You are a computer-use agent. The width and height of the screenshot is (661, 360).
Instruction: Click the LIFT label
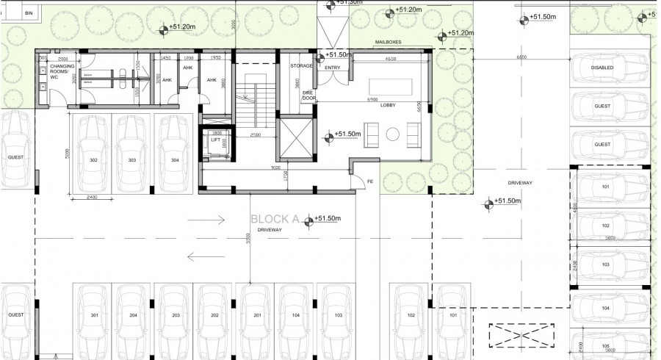(215, 139)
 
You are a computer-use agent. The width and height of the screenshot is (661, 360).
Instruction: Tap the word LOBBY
(388, 105)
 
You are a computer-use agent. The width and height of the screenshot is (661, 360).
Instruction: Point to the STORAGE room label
(301, 65)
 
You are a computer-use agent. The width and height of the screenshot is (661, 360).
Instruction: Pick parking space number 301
(93, 316)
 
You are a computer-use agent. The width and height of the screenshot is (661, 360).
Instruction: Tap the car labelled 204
(134, 316)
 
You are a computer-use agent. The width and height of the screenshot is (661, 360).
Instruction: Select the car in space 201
(257, 316)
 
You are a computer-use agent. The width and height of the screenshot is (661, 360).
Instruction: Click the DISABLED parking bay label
(602, 68)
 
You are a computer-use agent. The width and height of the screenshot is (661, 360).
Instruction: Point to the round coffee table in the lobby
(392, 134)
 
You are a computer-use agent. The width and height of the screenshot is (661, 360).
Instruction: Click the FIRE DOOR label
(309, 96)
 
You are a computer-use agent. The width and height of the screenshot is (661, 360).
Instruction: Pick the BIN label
(29, 13)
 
